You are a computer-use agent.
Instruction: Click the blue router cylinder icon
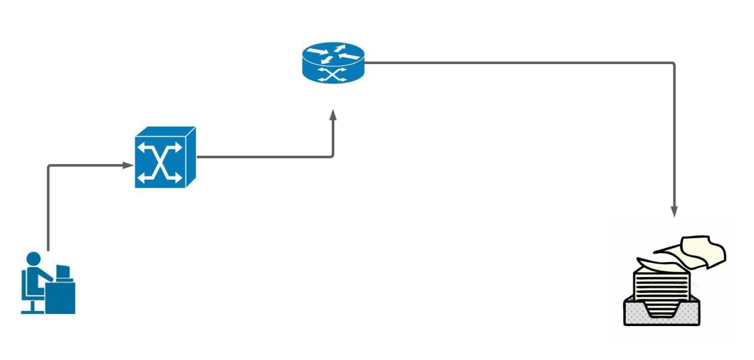point(333,62)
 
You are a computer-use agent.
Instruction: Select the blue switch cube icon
point(165,158)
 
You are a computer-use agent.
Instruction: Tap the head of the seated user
point(33,259)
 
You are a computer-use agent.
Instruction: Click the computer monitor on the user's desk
point(63,272)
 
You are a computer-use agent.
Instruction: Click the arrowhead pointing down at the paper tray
point(674,212)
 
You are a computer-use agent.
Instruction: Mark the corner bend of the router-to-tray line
point(674,63)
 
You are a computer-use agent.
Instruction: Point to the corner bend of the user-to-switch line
point(48,166)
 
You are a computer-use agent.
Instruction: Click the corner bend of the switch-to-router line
point(332,156)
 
